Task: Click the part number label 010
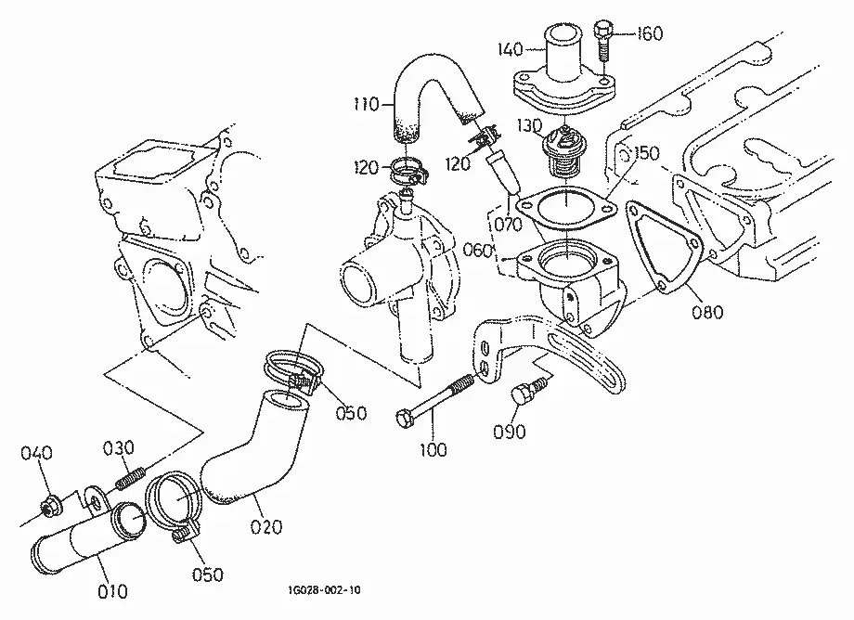click(112, 591)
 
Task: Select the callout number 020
click(266, 526)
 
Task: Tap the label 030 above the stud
click(118, 448)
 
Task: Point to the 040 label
click(36, 452)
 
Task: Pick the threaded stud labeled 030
click(130, 477)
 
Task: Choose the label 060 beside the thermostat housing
click(478, 250)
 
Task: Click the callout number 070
click(508, 224)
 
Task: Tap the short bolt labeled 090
click(526, 392)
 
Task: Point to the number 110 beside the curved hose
click(366, 103)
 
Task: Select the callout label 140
click(511, 49)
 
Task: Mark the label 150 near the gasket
click(646, 153)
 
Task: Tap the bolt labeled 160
click(602, 42)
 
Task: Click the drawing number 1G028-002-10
click(324, 590)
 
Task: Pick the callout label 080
click(707, 312)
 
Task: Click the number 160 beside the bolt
click(650, 33)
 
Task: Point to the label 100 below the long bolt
click(433, 449)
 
